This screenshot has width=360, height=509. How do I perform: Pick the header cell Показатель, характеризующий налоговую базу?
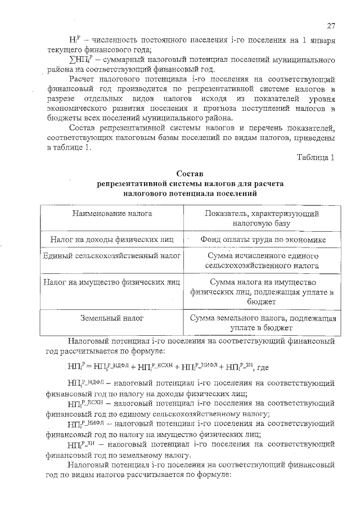[262, 219]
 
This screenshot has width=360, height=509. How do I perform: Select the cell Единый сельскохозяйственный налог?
[112, 256]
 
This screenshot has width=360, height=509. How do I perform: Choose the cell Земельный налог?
[112, 318]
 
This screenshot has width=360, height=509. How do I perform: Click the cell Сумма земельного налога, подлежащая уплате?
[263, 322]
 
